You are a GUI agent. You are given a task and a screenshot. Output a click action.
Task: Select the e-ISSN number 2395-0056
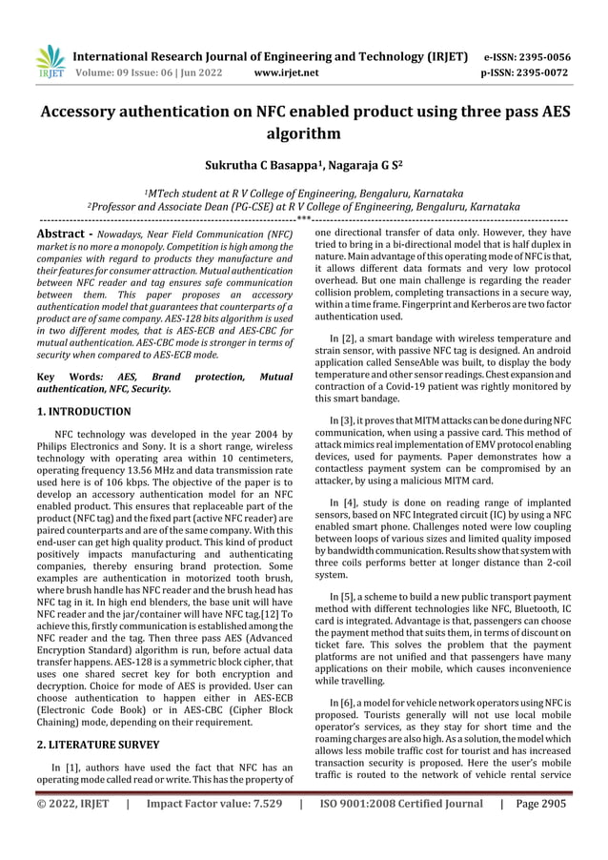[x=538, y=56]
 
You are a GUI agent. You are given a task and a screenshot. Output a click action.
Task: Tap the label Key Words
[x=68, y=378]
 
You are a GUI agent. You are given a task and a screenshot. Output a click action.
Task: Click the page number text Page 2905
[x=540, y=804]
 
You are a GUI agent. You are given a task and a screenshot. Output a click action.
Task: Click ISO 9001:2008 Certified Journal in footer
[x=401, y=804]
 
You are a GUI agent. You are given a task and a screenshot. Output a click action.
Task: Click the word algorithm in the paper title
[x=304, y=134]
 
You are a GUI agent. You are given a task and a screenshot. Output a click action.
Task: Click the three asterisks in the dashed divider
[x=304, y=218]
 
